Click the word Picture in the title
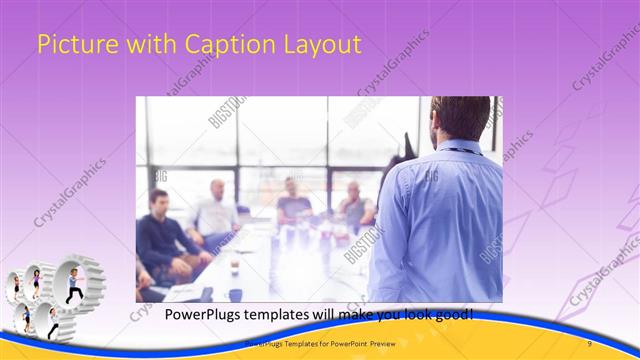70,45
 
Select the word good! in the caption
454,316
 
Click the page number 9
590,344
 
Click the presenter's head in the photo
460,118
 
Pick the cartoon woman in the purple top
37,283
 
